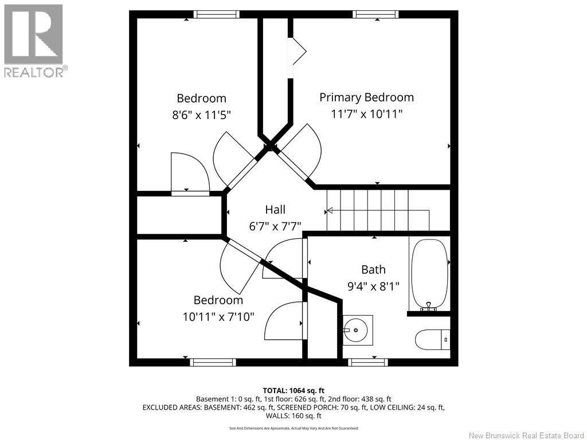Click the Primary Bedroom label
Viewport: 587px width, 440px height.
pyautogui.click(x=366, y=97)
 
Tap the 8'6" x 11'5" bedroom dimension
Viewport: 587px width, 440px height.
pyautogui.click(x=201, y=115)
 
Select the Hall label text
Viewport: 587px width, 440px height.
pyautogui.click(x=275, y=210)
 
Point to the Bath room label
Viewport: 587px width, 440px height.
pyautogui.click(x=373, y=269)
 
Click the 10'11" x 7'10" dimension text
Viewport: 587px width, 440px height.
pyautogui.click(x=218, y=317)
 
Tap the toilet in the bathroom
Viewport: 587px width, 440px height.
pyautogui.click(x=433, y=340)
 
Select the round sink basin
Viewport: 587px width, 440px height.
pyautogui.click(x=355, y=330)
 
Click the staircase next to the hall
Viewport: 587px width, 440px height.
pyautogui.click(x=378, y=210)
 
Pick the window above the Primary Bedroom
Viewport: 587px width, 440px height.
pyautogui.click(x=375, y=14)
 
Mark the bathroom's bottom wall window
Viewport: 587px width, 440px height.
pyautogui.click(x=368, y=362)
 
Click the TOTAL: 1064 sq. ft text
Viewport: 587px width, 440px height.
pyautogui.click(x=293, y=391)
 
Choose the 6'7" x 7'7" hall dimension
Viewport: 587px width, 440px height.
pyautogui.click(x=275, y=226)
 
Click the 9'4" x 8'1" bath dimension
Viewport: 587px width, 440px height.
pyautogui.click(x=373, y=286)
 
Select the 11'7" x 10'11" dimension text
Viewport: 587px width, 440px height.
pyautogui.click(x=366, y=114)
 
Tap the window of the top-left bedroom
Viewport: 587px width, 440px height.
pyautogui.click(x=216, y=14)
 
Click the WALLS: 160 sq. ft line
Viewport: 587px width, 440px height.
pyautogui.click(x=293, y=416)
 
